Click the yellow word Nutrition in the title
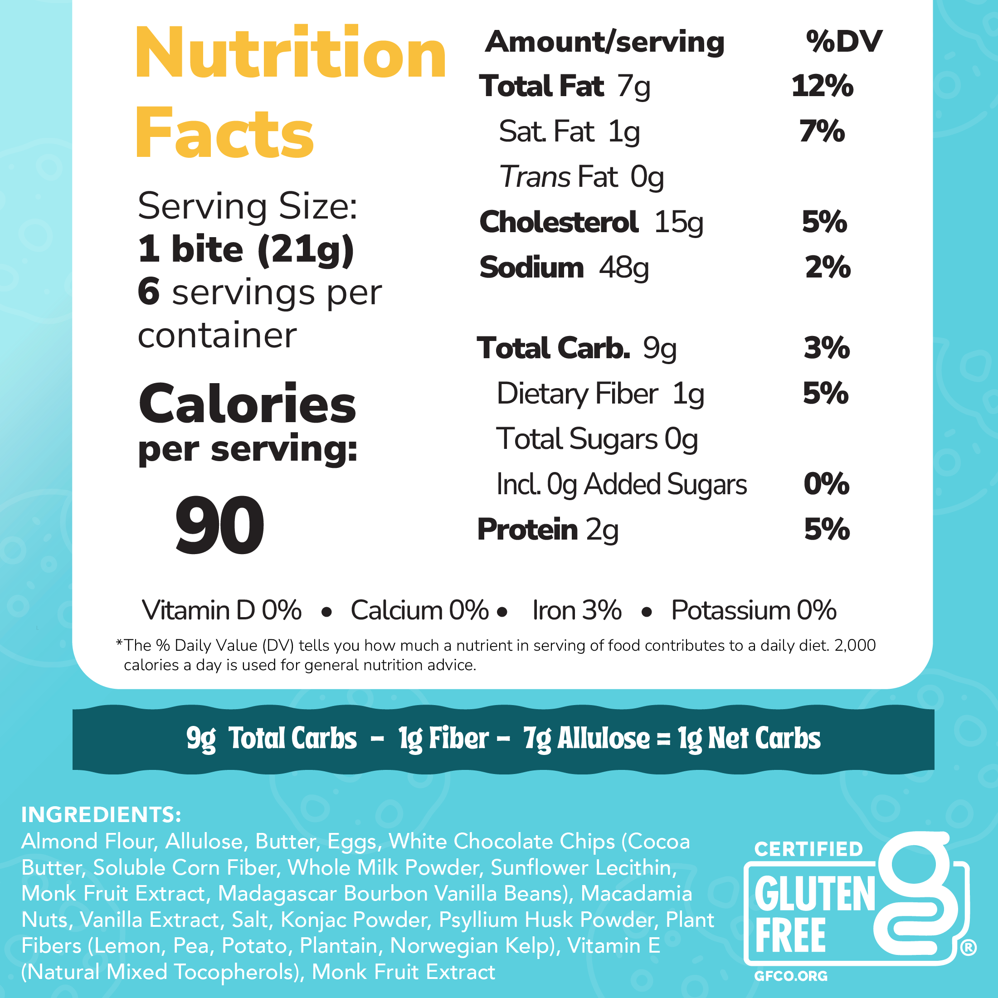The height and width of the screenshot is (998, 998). coord(290,53)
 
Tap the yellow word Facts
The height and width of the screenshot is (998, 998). coord(225,133)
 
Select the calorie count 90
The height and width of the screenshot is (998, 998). coord(219,526)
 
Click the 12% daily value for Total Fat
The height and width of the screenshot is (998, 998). coord(822,86)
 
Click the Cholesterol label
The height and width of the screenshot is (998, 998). coord(559,222)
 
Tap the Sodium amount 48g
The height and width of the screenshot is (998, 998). coord(623,268)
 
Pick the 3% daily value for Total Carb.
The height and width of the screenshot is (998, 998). coord(827,348)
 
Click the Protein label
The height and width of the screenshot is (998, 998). coord(527,530)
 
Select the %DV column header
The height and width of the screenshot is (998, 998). coord(843,41)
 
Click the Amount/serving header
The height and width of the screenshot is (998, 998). coord(604,41)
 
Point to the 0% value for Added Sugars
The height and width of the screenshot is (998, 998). coord(827,484)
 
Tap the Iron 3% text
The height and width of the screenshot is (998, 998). coord(576,610)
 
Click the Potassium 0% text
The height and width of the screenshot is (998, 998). coord(754,610)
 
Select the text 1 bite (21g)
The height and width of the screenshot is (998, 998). coord(246,249)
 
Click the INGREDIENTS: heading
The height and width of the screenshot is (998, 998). coord(101,815)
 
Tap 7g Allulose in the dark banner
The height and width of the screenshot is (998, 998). coord(586,738)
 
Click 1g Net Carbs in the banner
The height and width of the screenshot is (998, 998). coord(749,738)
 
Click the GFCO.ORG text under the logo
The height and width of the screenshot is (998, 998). coord(791,976)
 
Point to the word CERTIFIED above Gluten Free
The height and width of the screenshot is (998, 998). coord(808,849)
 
